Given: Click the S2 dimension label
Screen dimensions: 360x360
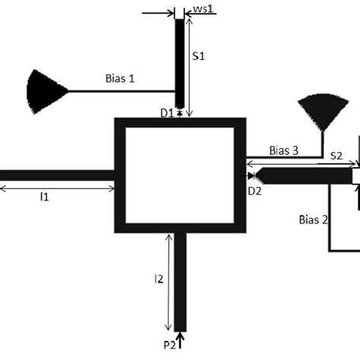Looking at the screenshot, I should (337, 156).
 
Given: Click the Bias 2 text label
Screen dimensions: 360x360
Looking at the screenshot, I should (313, 220).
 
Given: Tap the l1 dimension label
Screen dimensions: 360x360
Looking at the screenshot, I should (45, 197).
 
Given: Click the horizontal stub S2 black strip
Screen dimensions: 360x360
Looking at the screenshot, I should (304, 175).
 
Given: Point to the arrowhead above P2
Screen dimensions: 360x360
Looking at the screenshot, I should (180, 335).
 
